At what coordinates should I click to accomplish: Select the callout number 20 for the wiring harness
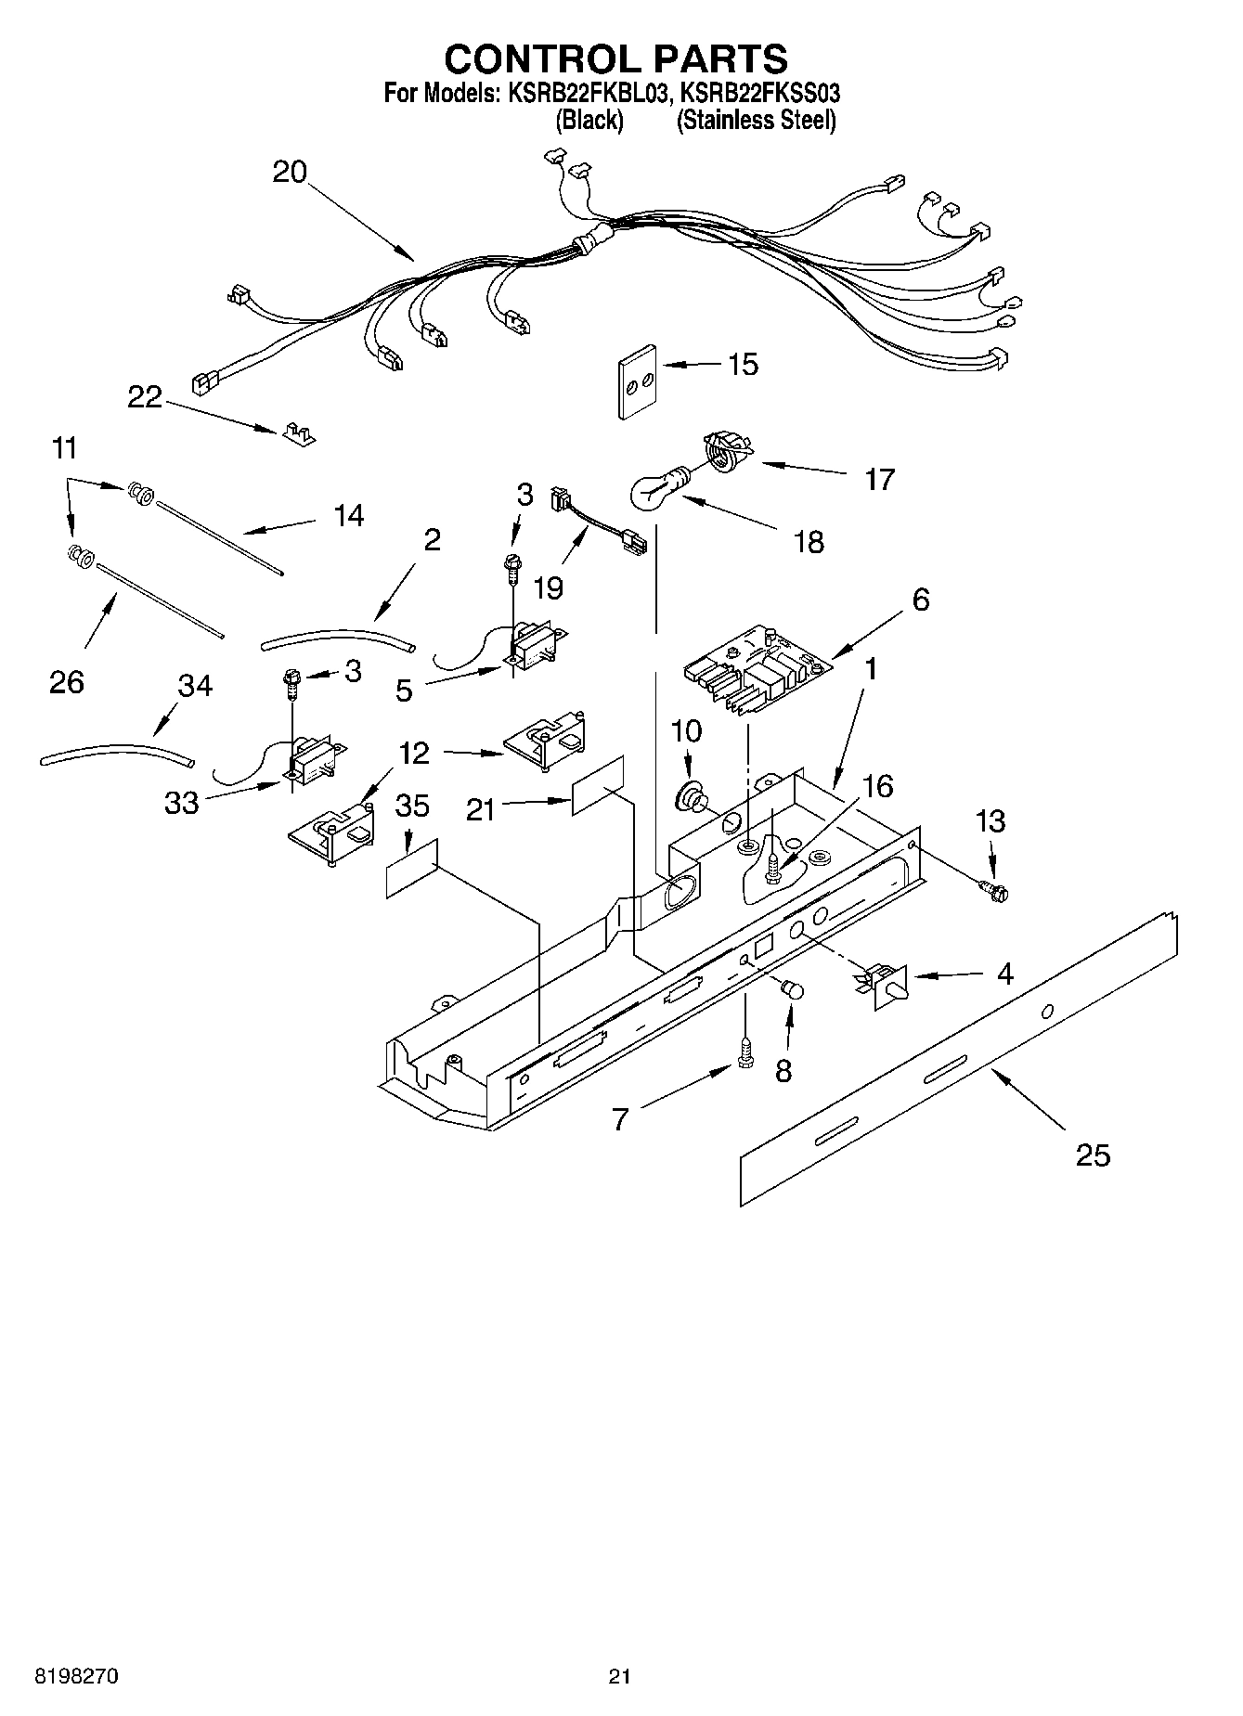tap(290, 173)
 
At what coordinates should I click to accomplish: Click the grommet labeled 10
tap(690, 795)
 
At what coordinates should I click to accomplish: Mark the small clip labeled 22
tap(296, 432)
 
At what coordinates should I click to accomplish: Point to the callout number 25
tap(1093, 1155)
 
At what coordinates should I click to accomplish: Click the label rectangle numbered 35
tap(410, 871)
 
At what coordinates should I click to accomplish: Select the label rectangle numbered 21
tap(597, 785)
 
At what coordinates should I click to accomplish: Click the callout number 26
tap(66, 681)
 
